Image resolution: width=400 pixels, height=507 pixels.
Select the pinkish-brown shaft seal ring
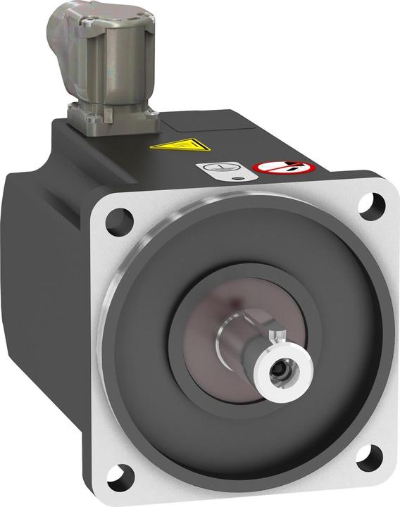(x=211, y=331)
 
